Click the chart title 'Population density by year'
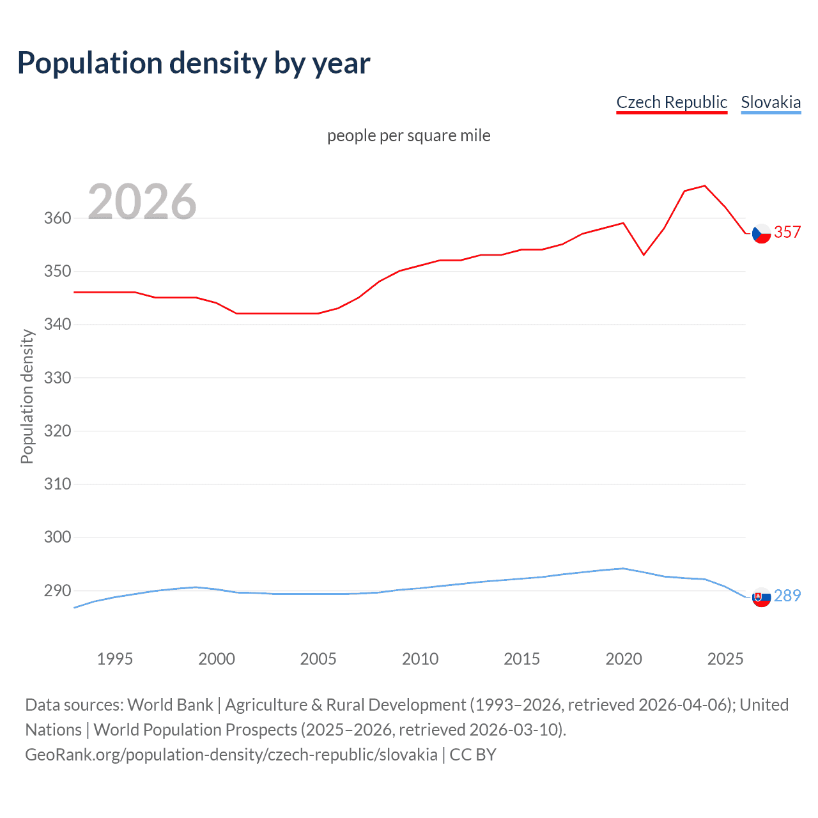point(194,63)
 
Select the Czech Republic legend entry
point(672,102)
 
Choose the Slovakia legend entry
point(771,102)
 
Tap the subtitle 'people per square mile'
point(409,135)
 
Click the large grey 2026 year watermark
point(142,202)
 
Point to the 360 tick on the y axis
point(58,218)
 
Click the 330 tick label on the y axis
point(58,378)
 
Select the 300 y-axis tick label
point(58,537)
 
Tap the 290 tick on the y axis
point(58,590)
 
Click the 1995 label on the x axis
point(115,659)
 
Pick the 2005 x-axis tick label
point(318,659)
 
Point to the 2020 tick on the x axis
point(624,659)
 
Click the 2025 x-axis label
point(725,659)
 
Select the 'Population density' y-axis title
point(27,396)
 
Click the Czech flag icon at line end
point(761,234)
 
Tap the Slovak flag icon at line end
point(761,598)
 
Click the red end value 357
point(787,232)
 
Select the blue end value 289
point(787,596)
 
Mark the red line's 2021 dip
point(644,255)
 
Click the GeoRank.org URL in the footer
point(231,755)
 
